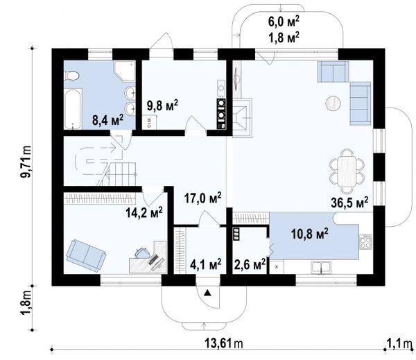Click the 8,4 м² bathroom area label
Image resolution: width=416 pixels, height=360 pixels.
click(107, 120)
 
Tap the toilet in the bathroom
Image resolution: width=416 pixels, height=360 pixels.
click(71, 76)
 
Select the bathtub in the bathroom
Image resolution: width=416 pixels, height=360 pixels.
click(73, 109)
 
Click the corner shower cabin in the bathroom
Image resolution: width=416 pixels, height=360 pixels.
click(125, 71)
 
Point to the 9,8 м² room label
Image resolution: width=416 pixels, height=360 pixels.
click(162, 106)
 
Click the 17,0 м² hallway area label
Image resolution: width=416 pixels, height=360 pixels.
click(203, 198)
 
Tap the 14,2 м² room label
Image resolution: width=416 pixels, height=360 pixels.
click(144, 212)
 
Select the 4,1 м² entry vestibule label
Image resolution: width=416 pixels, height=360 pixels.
click(206, 264)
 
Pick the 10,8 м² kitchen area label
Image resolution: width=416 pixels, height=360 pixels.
click(310, 234)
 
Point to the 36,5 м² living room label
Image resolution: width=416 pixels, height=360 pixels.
click(349, 203)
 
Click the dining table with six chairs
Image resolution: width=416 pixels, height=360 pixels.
click(347, 171)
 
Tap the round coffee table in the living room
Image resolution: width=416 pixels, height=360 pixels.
click(333, 103)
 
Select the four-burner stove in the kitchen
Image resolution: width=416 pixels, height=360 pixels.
click(366, 242)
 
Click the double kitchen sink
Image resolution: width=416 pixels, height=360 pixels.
click(321, 267)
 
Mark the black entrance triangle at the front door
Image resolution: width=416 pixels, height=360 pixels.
click(207, 293)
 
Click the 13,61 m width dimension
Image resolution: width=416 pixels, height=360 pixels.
click(224, 343)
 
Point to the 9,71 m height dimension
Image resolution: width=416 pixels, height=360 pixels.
click(26, 162)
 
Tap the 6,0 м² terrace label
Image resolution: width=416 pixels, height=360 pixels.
click(284, 22)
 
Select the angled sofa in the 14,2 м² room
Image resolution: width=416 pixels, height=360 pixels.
click(86, 255)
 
